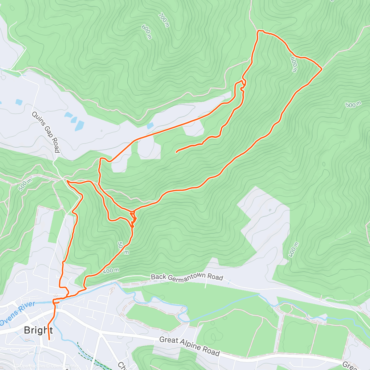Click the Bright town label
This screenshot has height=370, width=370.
click(38, 330)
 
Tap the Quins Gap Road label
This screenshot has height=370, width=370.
click(46, 132)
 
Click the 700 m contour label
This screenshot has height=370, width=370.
click(164, 20)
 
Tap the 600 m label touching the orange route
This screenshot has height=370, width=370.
click(294, 64)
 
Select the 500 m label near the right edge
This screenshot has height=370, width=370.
click(353, 105)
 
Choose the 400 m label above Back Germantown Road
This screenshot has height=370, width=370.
click(111, 271)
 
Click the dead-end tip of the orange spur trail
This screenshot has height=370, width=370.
click(176, 152)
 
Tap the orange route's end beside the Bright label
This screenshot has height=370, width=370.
click(49, 339)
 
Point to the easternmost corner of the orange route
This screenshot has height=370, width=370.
click(322, 68)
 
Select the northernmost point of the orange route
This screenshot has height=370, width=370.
click(260, 31)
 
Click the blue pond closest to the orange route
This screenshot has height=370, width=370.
click(150, 126)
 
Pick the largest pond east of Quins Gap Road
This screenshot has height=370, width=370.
click(80, 125)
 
